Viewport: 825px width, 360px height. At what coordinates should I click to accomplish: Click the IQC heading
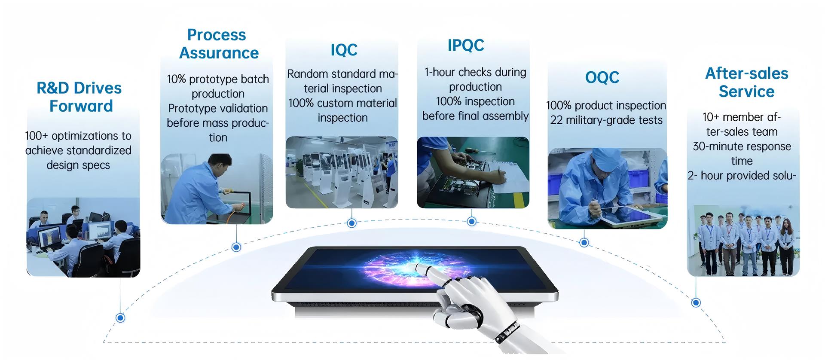pyautogui.click(x=344, y=50)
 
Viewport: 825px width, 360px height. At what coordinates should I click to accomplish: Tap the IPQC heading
pyautogui.click(x=466, y=45)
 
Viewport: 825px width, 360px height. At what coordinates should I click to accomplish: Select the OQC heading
pyautogui.click(x=602, y=77)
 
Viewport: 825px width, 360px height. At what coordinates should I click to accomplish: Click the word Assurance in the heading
pyautogui.click(x=219, y=53)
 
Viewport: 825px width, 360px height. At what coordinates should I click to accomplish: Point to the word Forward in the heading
pyautogui.click(x=81, y=106)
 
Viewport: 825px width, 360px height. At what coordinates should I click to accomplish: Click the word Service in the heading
pyautogui.click(x=746, y=92)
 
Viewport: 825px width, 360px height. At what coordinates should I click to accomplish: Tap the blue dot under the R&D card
pyautogui.click(x=121, y=318)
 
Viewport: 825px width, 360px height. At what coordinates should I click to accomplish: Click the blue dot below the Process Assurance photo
pyautogui.click(x=236, y=247)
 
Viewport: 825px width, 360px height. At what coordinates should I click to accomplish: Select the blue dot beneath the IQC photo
pyautogui.click(x=352, y=223)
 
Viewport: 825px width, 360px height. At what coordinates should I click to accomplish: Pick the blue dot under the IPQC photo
pyautogui.click(x=471, y=221)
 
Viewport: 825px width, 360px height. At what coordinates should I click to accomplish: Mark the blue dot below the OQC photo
pyautogui.click(x=584, y=243)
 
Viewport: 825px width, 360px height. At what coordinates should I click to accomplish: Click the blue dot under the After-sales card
pyautogui.click(x=696, y=302)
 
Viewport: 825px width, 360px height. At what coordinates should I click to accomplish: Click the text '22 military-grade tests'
pyautogui.click(x=606, y=120)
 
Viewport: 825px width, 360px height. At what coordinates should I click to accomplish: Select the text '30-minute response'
pyautogui.click(x=742, y=146)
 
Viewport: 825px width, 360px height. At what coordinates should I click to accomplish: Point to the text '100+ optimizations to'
pyautogui.click(x=78, y=136)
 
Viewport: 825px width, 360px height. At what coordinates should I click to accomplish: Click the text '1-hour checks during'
pyautogui.click(x=475, y=72)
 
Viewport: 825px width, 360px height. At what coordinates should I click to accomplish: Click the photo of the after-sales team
pyautogui.click(x=743, y=241)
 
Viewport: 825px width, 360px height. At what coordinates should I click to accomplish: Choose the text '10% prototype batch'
pyautogui.click(x=218, y=79)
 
